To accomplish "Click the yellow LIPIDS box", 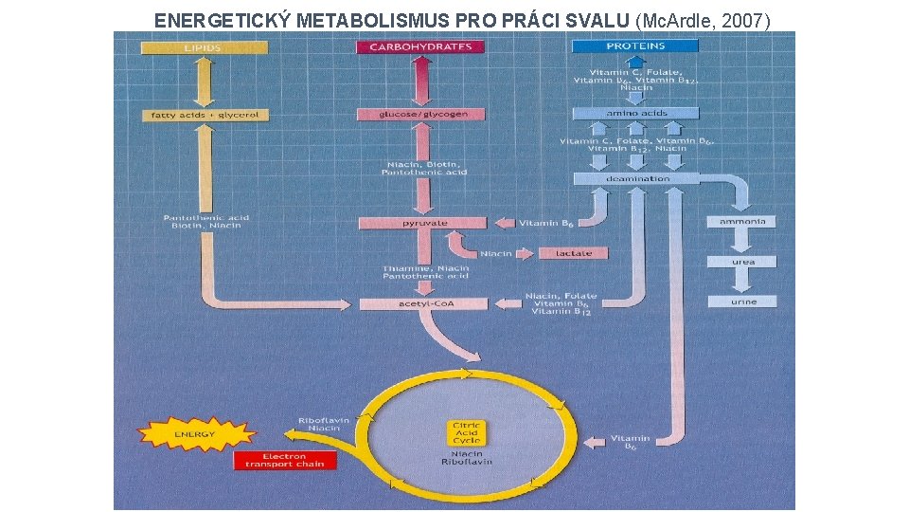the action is coord(202,46).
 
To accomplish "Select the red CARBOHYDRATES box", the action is coord(420,46).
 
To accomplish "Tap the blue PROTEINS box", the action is coord(635,46).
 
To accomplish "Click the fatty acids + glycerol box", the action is coord(192,115).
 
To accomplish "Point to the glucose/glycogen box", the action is coord(420,114).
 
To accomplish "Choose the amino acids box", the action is coord(635,113).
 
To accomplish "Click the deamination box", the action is coord(635,178).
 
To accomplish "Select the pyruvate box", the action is coord(422,223).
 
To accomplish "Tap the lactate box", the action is coord(574,253).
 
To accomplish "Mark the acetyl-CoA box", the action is coord(422,303).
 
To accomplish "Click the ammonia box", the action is coord(742,221).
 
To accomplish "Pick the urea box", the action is coord(742,261).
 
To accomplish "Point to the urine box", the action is coord(742,302).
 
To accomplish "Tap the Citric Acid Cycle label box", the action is coord(467,433).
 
